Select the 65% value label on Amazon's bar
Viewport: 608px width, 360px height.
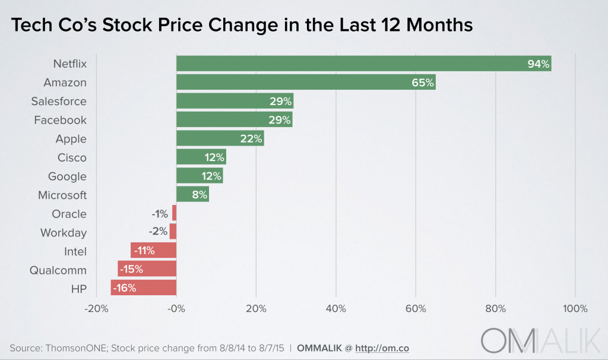(x=423, y=83)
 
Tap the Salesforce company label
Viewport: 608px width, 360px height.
(x=59, y=101)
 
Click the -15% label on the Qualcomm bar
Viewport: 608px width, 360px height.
(x=131, y=270)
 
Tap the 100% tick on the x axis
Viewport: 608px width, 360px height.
(x=575, y=309)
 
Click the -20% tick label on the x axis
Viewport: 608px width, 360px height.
(x=96, y=309)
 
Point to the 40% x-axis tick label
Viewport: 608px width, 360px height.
(x=335, y=309)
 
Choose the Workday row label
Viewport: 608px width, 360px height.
(x=64, y=232)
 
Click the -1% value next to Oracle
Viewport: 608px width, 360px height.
(x=160, y=214)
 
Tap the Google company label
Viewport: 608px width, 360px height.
(x=67, y=176)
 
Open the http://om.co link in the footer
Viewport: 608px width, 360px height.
(x=382, y=348)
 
